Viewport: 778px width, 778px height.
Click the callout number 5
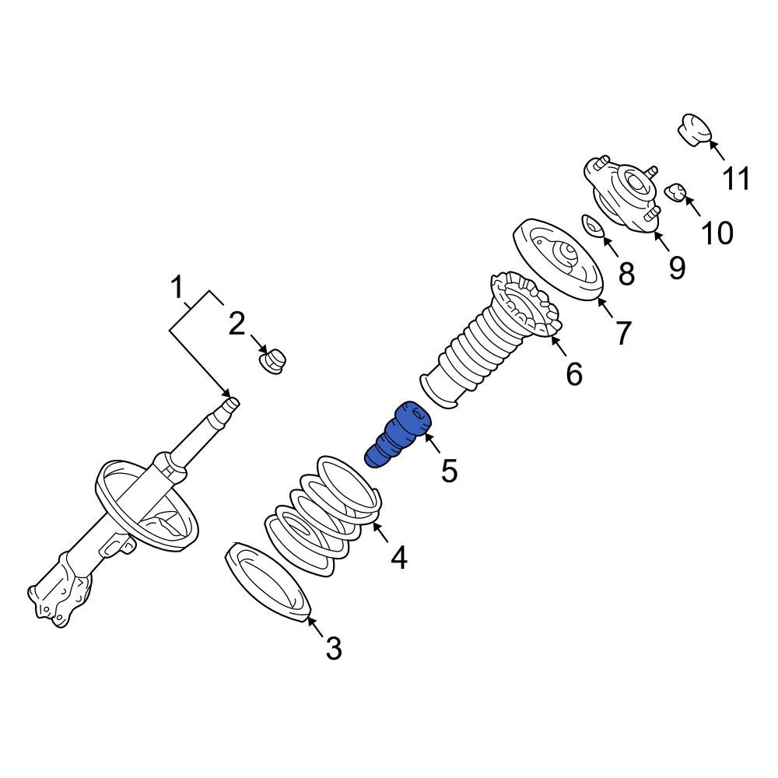click(449, 471)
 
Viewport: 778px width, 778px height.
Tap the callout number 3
click(333, 647)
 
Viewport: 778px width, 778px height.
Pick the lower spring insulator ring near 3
click(268, 583)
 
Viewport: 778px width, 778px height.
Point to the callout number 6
click(573, 374)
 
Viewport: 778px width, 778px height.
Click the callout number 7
click(622, 332)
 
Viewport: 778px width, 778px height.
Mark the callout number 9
click(676, 268)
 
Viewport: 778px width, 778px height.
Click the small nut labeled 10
click(675, 191)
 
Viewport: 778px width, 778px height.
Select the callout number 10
click(717, 232)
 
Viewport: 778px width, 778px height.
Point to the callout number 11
click(735, 179)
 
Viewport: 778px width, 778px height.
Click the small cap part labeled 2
click(272, 361)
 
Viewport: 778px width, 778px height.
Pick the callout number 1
click(177, 288)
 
